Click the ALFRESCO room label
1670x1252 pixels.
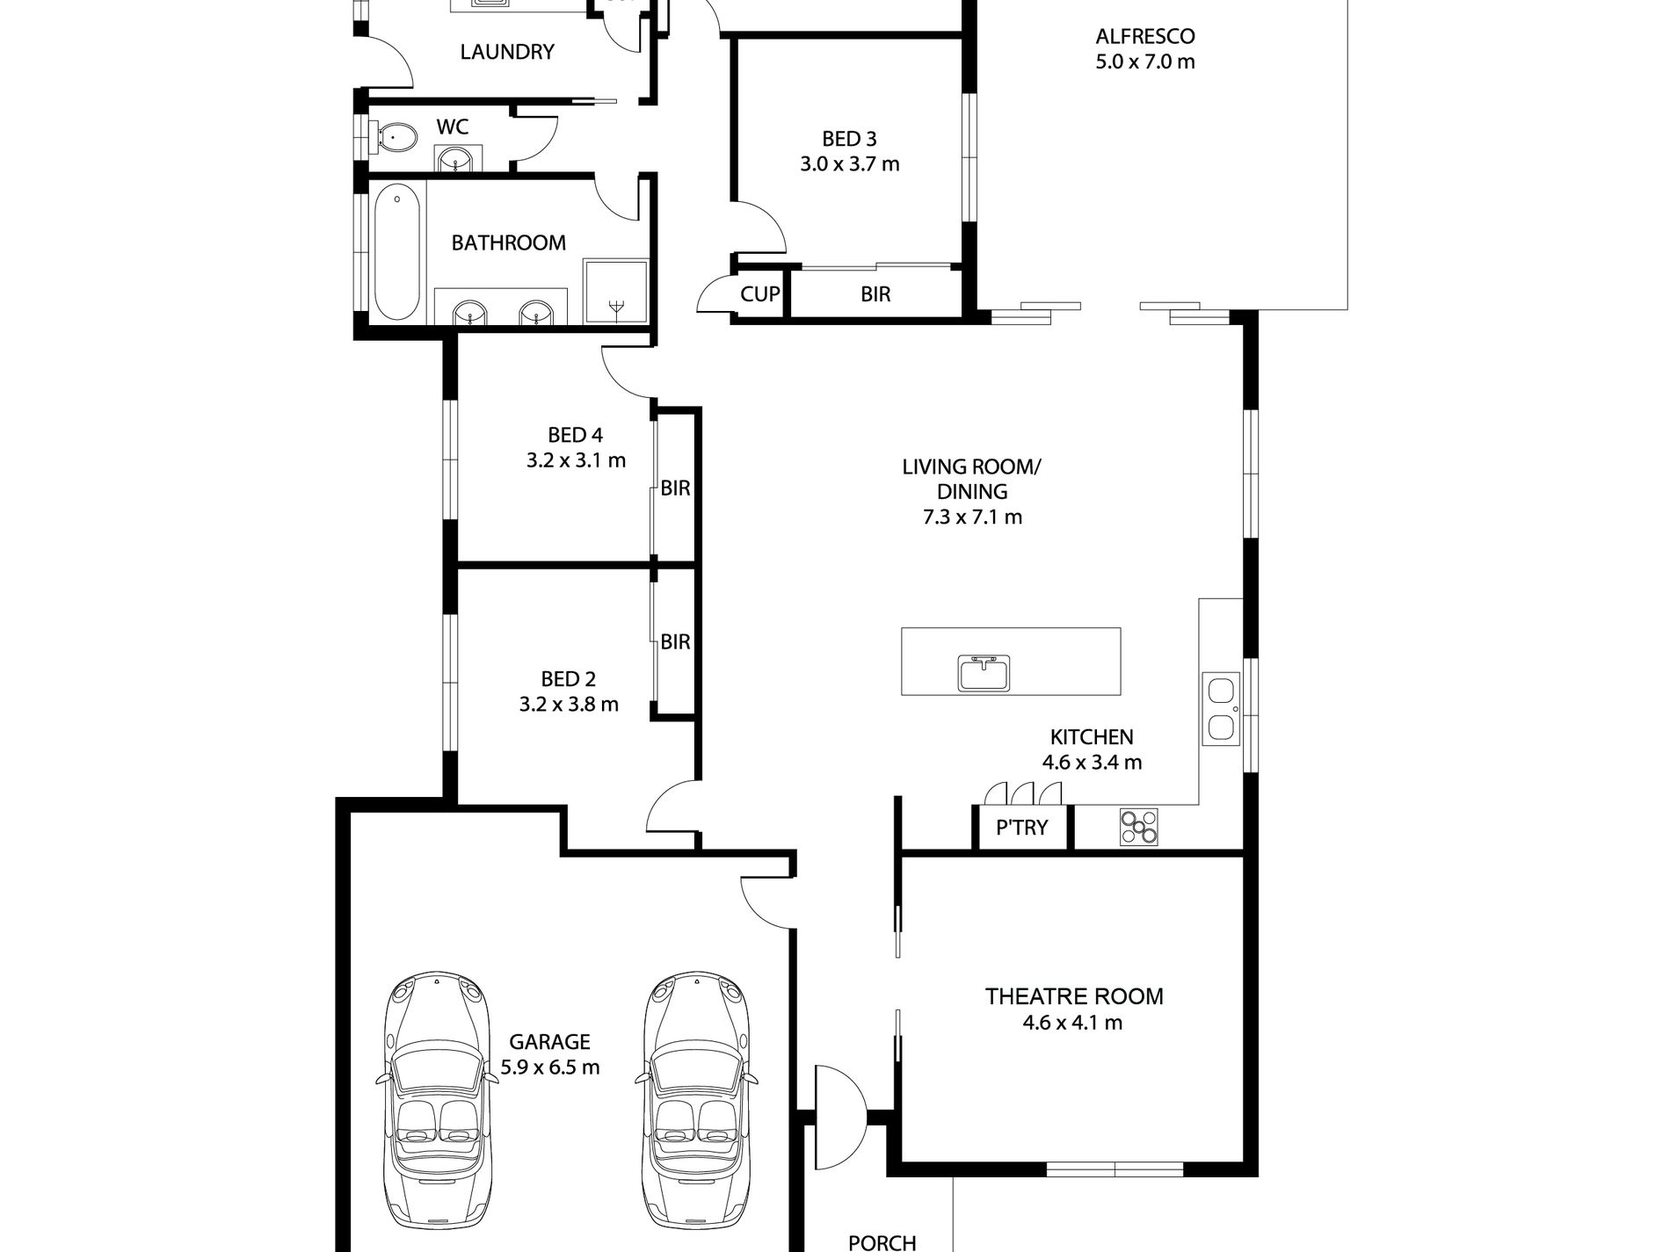coord(1144,37)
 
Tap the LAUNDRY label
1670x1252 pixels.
coord(507,52)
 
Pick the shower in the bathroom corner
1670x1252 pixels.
coord(616,293)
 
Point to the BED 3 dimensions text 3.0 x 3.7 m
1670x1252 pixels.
coord(850,164)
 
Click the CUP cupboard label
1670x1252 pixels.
coord(759,293)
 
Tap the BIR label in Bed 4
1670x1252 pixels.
coord(675,488)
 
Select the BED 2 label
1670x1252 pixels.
coord(568,679)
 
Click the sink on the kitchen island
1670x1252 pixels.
coord(984,672)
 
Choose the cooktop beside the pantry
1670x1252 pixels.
coord(1139,828)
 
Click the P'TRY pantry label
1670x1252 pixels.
coord(1021,827)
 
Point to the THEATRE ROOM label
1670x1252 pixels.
coord(1074,996)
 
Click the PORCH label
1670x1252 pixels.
coord(882,1242)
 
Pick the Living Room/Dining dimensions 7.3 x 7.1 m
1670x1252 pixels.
coord(972,517)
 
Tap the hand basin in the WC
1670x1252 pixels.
coord(456,160)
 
